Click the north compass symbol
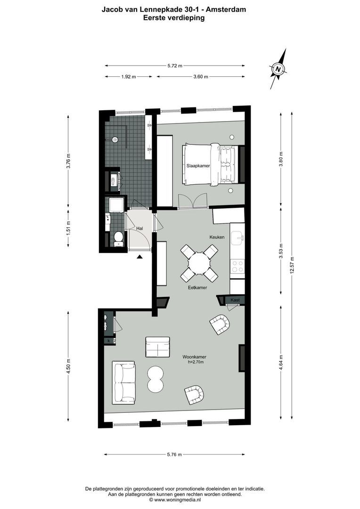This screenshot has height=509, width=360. tap(278, 69)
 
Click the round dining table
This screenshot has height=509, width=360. tap(199, 263)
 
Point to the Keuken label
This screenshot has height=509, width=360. tap(217, 237)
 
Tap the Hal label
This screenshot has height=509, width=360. tap(139, 228)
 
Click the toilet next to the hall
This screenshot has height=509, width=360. tap(119, 238)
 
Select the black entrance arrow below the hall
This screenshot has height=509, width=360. tap(140, 257)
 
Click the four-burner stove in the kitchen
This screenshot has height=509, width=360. tap(237, 267)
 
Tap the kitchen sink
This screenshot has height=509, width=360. tap(239, 237)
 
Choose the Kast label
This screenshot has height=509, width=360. tap(236, 300)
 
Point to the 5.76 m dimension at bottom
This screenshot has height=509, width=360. tap(175, 454)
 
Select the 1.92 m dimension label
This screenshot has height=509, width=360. tap(128, 77)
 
